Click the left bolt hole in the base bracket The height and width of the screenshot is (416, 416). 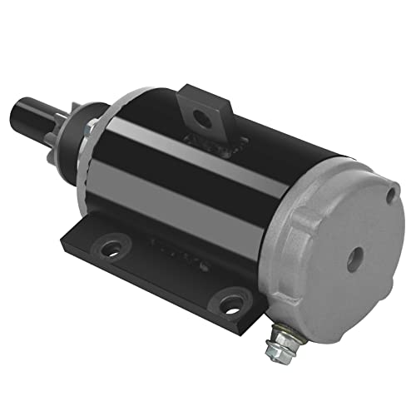[108, 247]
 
